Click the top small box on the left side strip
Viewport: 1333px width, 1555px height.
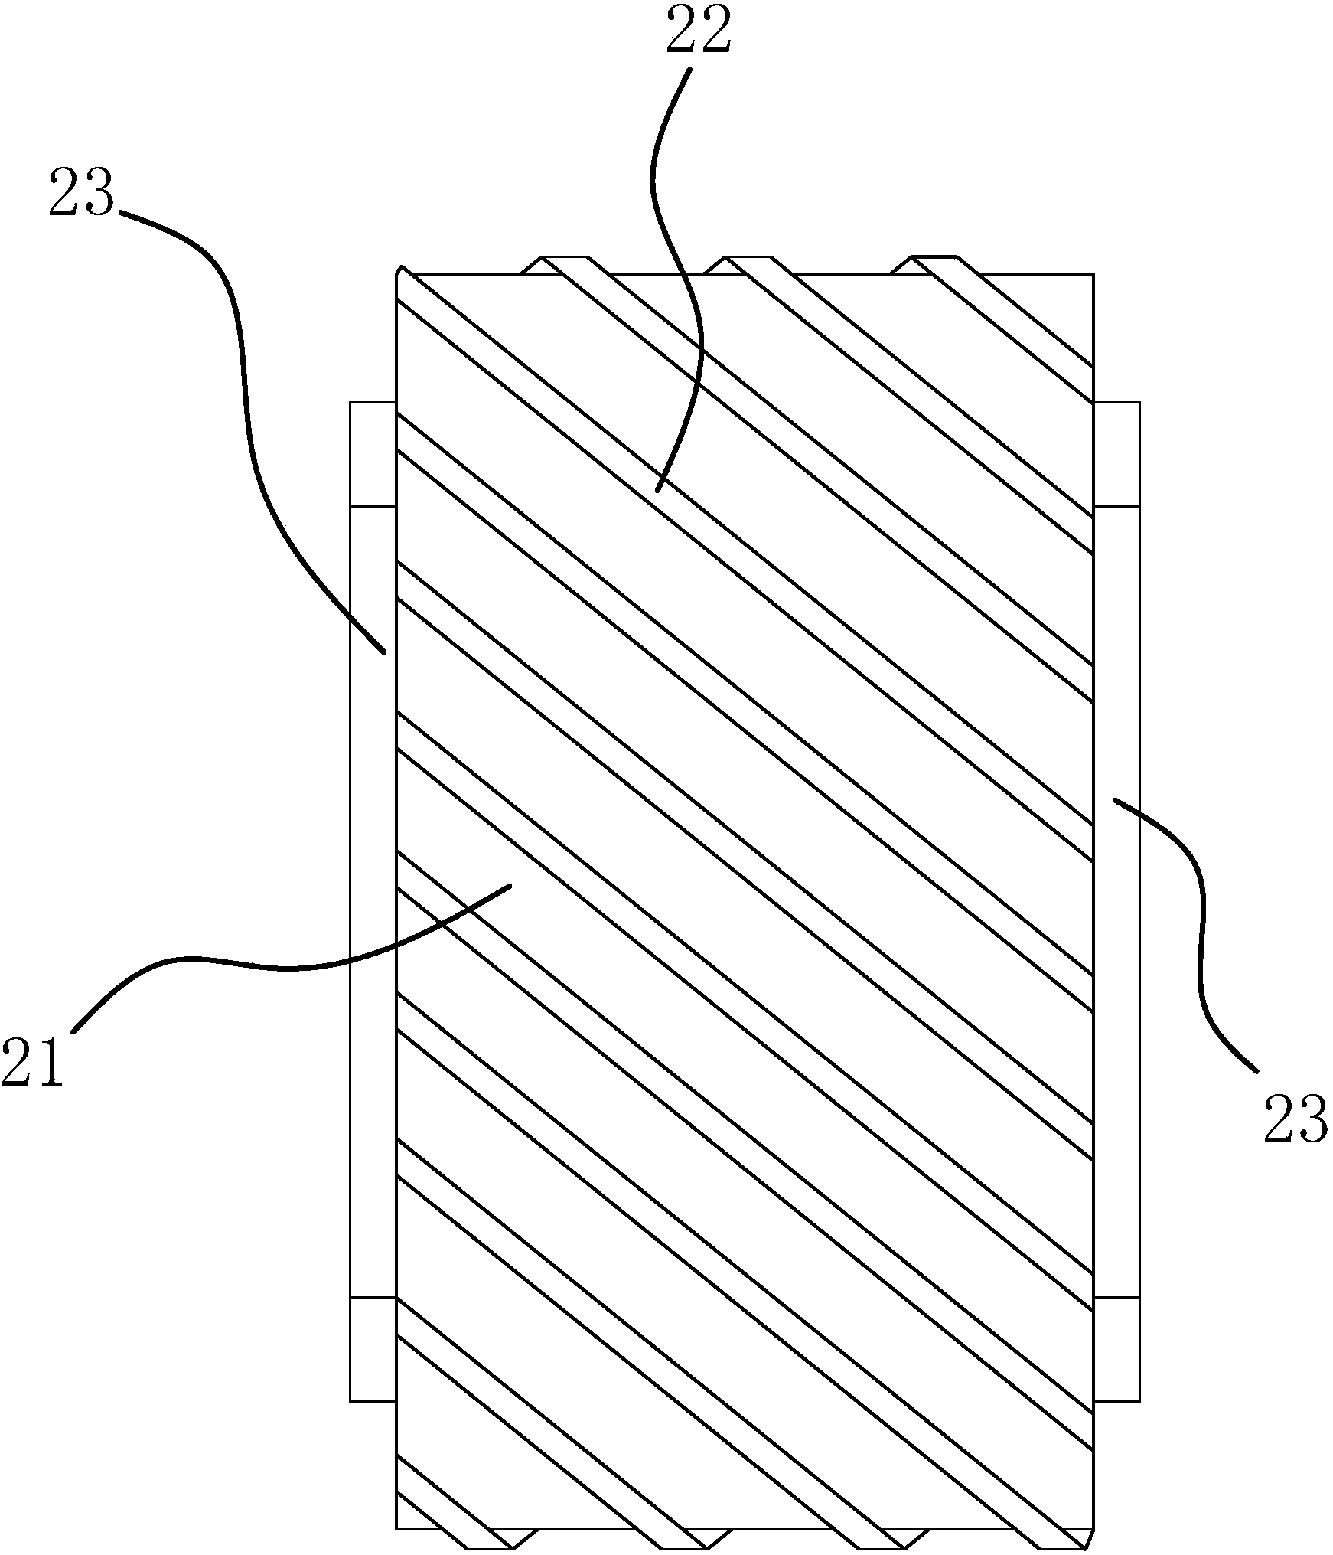pyautogui.click(x=373, y=454)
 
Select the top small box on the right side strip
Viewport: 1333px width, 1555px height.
pyautogui.click(x=1116, y=454)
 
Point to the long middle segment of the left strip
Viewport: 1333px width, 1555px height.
pyautogui.click(x=373, y=903)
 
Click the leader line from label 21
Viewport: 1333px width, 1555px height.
pyautogui.click(x=291, y=969)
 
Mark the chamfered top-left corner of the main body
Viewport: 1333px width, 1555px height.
pyautogui.click(x=399, y=272)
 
